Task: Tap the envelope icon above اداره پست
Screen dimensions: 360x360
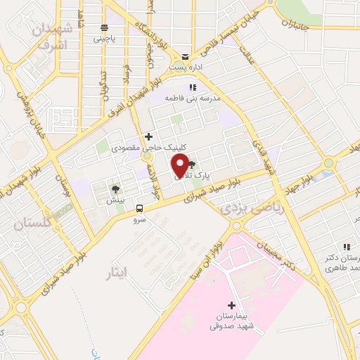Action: (x=185, y=57)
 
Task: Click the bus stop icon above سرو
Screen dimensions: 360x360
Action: (x=139, y=208)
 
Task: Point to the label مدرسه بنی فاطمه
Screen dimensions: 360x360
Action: (x=193, y=98)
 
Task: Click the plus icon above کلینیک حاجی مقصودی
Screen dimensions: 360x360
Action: (x=148, y=136)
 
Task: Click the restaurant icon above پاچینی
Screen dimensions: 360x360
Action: (x=104, y=27)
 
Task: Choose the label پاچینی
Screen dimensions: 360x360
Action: (x=104, y=39)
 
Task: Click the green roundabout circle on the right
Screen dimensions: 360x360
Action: (x=328, y=164)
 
